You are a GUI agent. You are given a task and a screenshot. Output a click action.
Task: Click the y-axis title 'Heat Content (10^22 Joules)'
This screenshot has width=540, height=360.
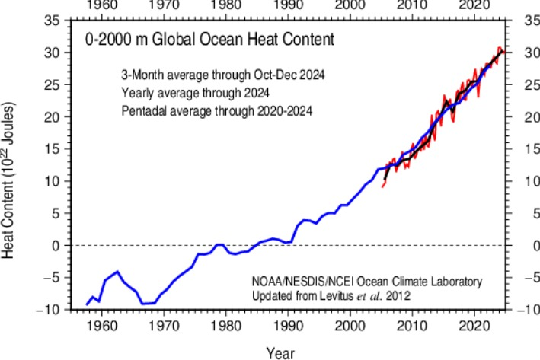(10, 181)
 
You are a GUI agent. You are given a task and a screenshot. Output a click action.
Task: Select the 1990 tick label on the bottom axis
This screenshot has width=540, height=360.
(289, 325)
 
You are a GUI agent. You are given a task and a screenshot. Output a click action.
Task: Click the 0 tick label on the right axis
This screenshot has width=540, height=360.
(523, 245)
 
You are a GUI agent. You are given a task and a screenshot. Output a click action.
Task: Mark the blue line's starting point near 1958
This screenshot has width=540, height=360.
(88, 304)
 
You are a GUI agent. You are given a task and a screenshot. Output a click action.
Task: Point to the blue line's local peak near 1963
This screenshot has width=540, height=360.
(117, 271)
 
